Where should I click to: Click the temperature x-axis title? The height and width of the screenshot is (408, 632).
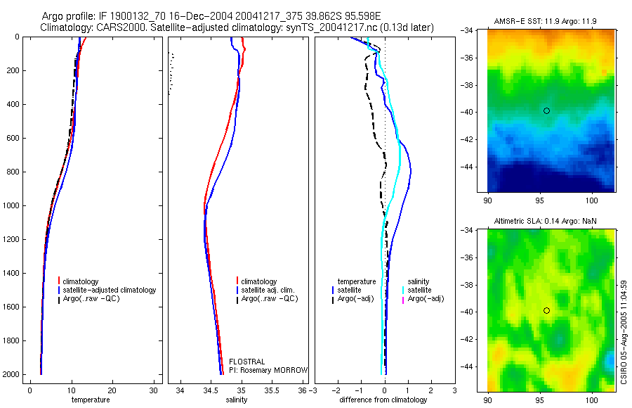click(x=91, y=400)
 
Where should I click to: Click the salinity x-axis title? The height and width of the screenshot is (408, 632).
click(x=236, y=400)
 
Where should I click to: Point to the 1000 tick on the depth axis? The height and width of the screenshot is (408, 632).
click(x=13, y=205)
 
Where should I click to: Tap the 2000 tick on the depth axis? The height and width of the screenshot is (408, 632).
click(x=13, y=374)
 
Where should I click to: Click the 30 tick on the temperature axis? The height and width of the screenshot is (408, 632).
click(x=154, y=390)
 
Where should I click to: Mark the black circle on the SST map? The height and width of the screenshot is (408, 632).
click(x=546, y=110)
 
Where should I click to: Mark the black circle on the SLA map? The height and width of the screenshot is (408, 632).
click(x=546, y=310)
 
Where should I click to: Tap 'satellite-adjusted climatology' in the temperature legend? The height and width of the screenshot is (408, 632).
click(x=110, y=290)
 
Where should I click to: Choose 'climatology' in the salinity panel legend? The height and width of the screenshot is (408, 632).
click(x=258, y=281)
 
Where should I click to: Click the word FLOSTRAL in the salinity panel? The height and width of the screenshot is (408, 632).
click(x=246, y=362)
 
